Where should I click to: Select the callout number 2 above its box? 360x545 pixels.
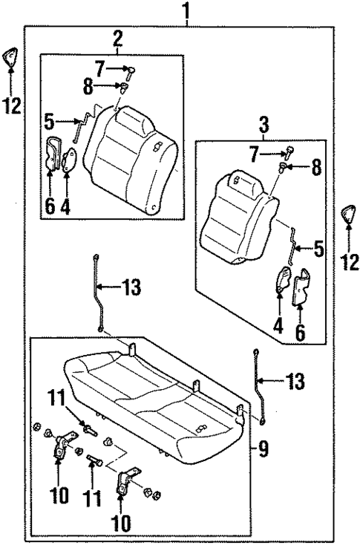[118, 38]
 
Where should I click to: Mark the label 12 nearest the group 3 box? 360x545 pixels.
[350, 261]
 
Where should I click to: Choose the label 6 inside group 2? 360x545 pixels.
[49, 204]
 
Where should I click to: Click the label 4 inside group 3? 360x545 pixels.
[279, 324]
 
